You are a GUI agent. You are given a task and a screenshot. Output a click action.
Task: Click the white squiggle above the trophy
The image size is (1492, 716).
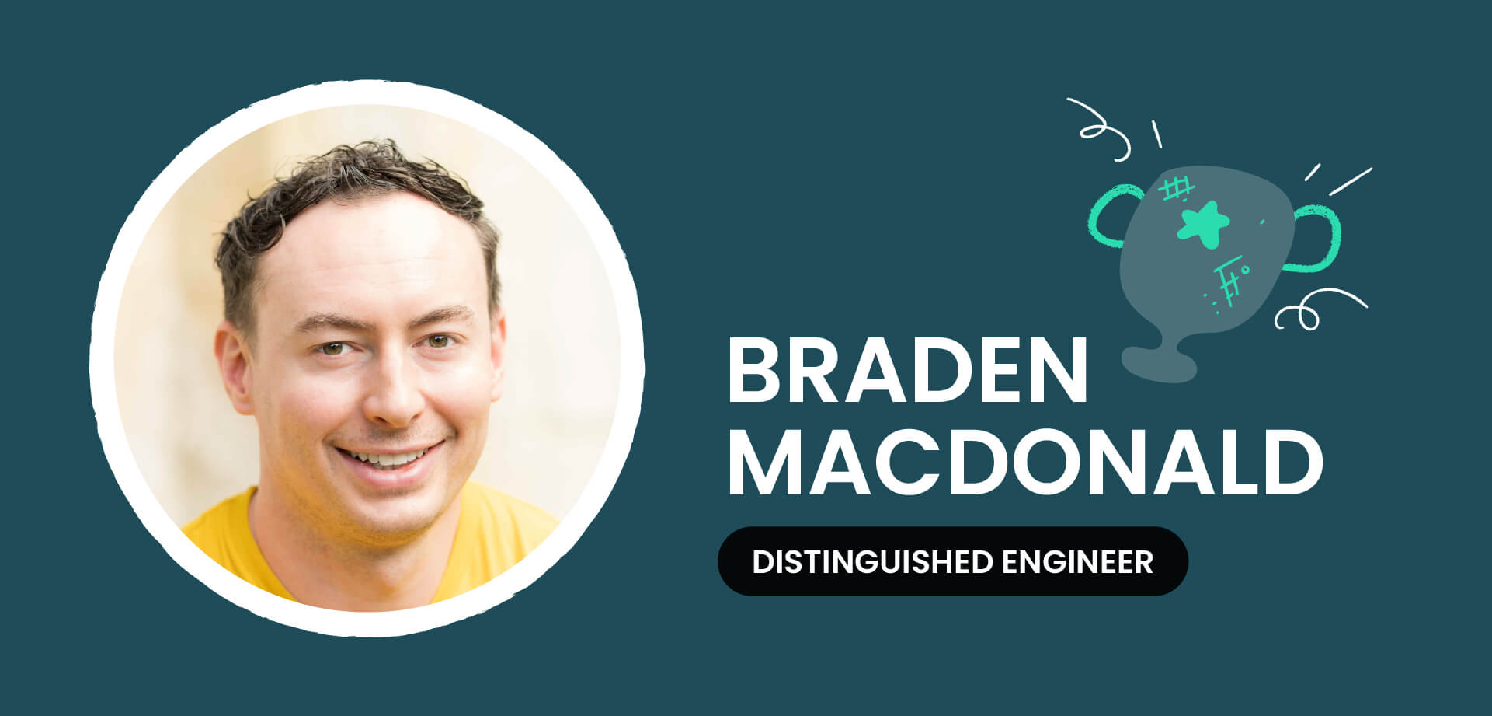pyautogui.click(x=1100, y=129)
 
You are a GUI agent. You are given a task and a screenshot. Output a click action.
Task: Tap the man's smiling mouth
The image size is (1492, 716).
pyautogui.click(x=388, y=456)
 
